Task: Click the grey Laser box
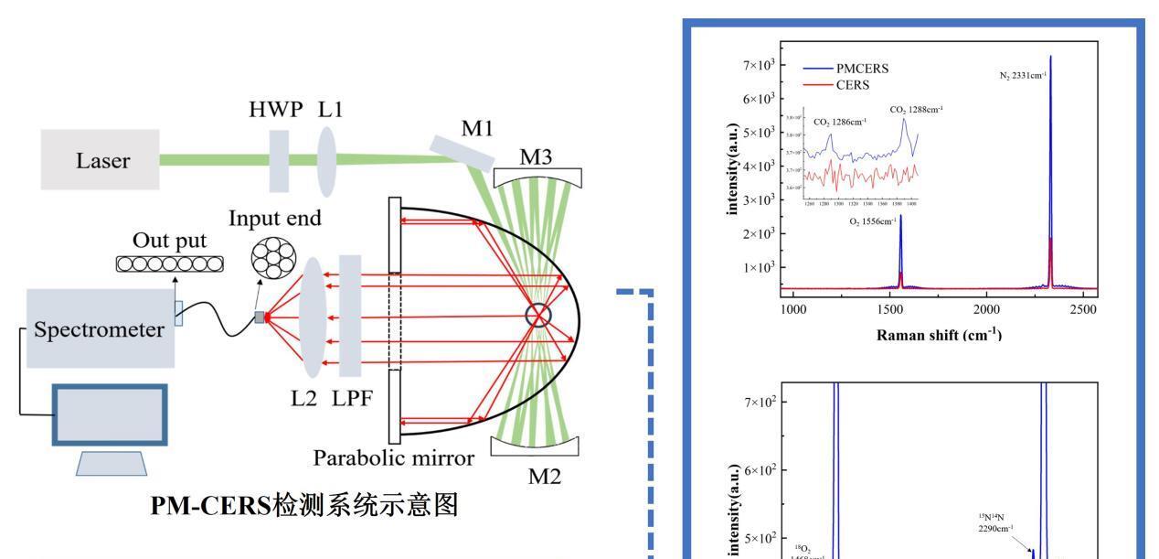100,160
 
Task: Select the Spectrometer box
100,328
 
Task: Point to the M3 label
537,157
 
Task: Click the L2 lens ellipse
313,317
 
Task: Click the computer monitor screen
110,414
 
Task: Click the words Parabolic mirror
393,457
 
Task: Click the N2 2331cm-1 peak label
1023,75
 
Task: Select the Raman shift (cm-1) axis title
939,335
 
